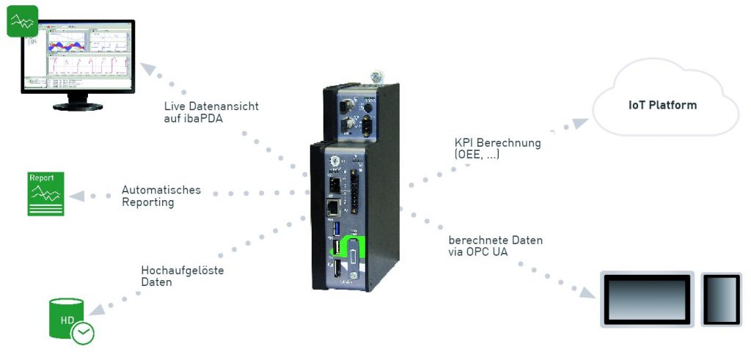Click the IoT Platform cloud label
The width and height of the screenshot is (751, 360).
pyautogui.click(x=662, y=106)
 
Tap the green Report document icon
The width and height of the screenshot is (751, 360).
pyautogui.click(x=45, y=194)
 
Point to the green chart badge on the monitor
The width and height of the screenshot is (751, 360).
pyautogui.click(x=22, y=22)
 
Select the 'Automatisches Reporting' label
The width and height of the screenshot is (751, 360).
pyautogui.click(x=161, y=196)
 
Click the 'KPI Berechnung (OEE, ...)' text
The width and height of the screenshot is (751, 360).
pyautogui.click(x=497, y=148)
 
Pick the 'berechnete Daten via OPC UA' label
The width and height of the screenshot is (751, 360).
pyautogui.click(x=495, y=246)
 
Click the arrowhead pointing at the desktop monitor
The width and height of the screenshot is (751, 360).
pyautogui.click(x=148, y=70)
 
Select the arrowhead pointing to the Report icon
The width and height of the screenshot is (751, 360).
pyautogui.click(x=76, y=195)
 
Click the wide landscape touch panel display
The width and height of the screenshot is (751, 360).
pyautogui.click(x=647, y=298)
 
